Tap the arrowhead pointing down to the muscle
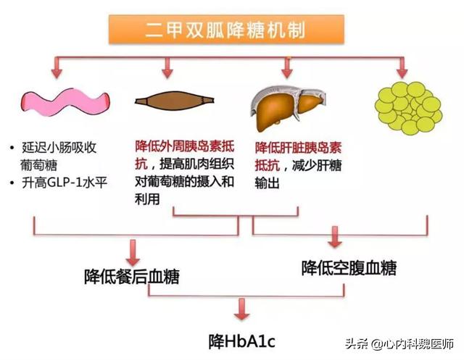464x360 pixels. [167, 72]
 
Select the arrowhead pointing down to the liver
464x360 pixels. [286, 71]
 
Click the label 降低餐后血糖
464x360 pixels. [131, 276]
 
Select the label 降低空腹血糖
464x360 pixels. [349, 267]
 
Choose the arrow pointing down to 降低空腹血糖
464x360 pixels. [335, 240]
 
